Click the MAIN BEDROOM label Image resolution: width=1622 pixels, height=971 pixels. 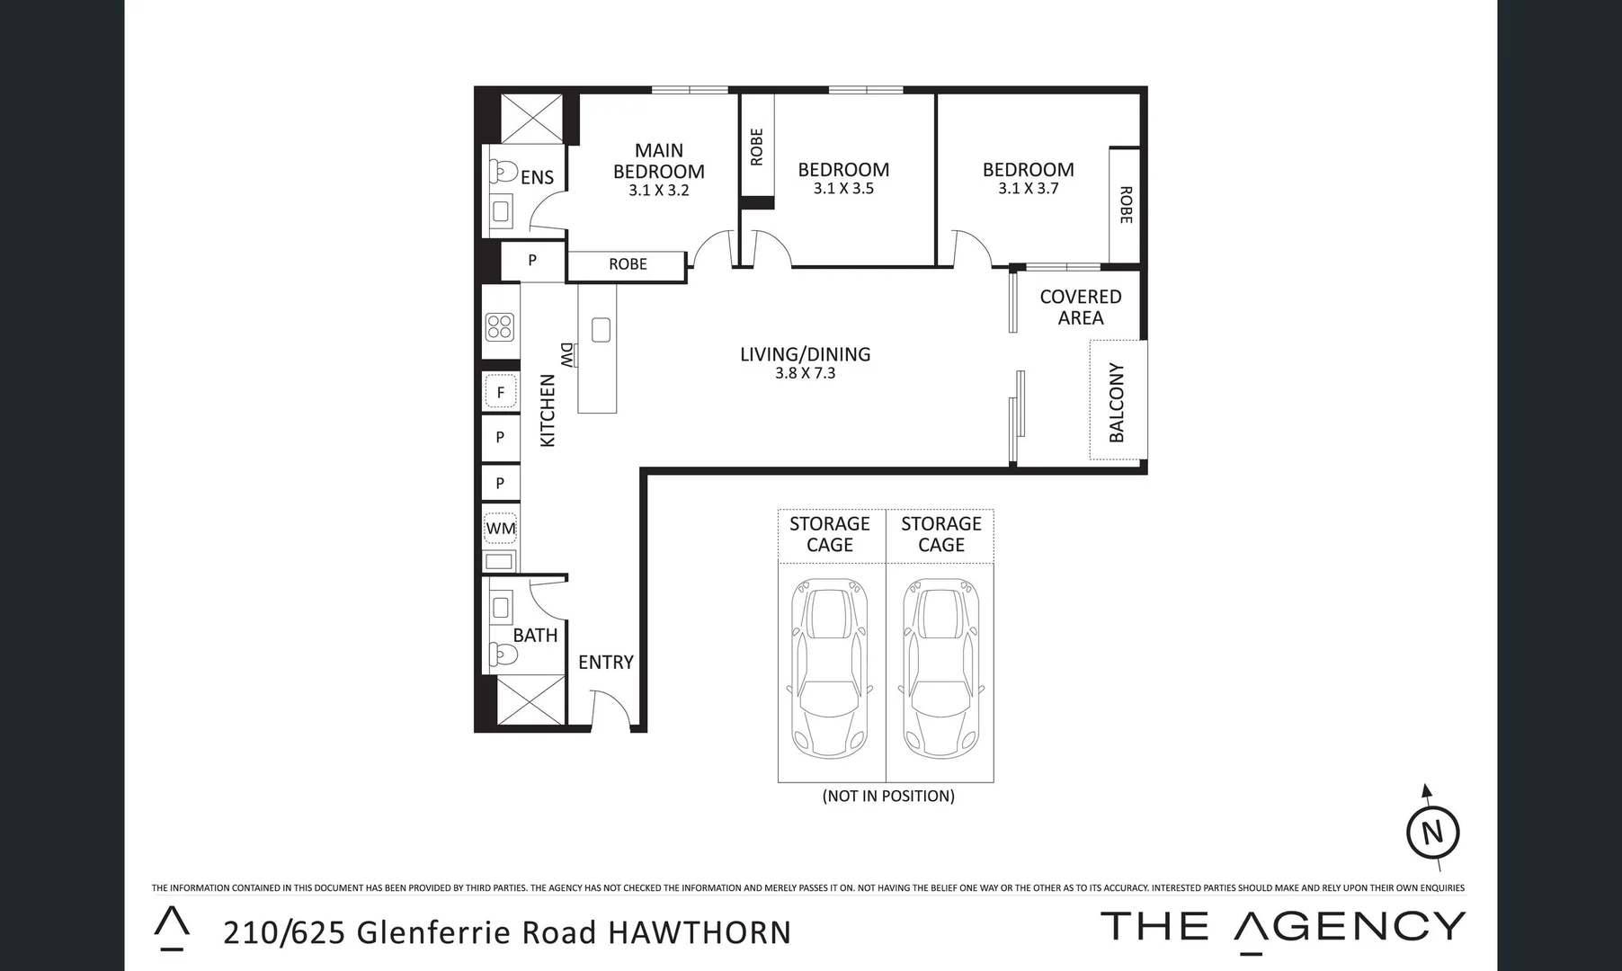coord(658,161)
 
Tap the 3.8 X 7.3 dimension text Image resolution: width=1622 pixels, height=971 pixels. coord(805,373)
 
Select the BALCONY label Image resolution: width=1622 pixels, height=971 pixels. coord(1117,402)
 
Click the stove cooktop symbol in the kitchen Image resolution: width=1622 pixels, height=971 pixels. coord(500,326)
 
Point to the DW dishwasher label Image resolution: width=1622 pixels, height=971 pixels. coord(566,354)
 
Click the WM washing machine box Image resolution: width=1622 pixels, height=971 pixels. coord(501,529)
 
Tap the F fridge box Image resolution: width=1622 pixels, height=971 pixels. coord(501,392)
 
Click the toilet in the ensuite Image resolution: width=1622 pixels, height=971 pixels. coord(501,171)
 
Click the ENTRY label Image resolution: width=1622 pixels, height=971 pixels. coord(605,663)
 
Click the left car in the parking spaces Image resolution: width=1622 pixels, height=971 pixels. coord(831,670)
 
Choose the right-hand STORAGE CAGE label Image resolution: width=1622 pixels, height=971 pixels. coord(940,534)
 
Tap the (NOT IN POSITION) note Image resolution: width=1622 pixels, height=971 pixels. coord(888,796)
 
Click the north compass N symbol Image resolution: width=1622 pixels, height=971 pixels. coord(1432,832)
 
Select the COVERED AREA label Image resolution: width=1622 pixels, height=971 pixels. coord(1080,307)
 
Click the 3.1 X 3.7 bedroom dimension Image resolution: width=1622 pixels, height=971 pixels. coord(1028,189)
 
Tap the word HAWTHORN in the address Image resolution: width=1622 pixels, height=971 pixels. coord(700,933)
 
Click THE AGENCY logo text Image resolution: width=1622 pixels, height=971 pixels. coord(1282,927)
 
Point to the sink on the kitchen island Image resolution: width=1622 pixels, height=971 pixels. coord(601,330)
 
